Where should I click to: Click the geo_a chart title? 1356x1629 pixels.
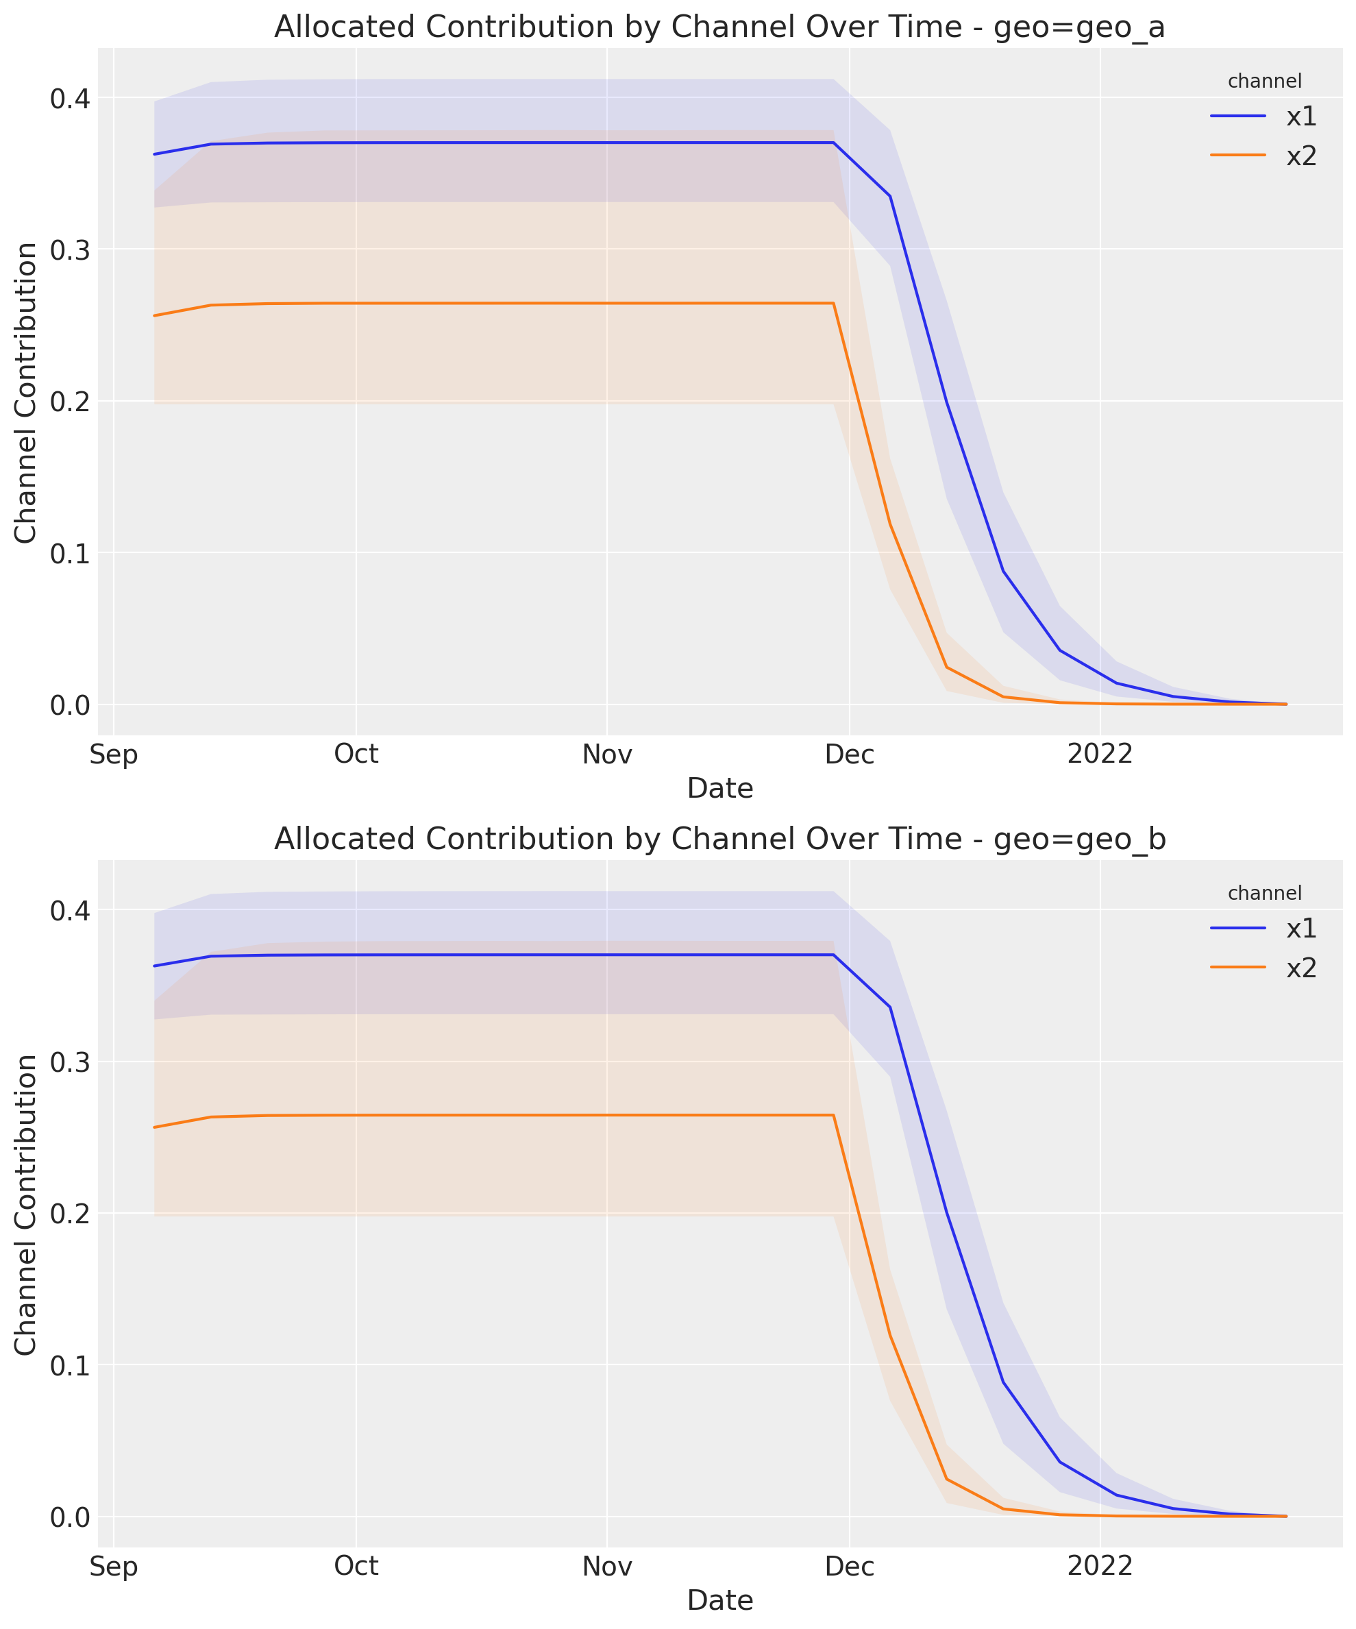coord(719,27)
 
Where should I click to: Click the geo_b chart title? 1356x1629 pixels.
coord(719,839)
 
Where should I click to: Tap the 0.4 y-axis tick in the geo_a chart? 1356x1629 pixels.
coord(70,99)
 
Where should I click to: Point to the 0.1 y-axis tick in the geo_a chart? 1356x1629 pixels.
coord(70,553)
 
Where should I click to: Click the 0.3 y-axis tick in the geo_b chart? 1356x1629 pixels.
coord(70,1062)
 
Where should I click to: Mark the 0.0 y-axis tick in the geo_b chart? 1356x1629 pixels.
coord(70,1517)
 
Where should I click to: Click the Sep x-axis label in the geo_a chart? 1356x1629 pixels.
coord(113,755)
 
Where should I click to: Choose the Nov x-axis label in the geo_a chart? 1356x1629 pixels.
coord(606,755)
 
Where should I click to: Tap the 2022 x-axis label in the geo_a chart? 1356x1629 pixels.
coord(1100,755)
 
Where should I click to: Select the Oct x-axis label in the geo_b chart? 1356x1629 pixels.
coord(356,1566)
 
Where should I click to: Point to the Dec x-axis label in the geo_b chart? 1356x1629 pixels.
coord(850,1566)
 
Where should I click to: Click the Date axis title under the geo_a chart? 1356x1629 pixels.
coord(720,789)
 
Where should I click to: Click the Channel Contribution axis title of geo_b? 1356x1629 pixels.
coord(26,1205)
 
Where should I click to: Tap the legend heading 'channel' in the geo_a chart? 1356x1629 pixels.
coord(1264,81)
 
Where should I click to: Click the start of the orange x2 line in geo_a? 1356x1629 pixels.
coord(154,316)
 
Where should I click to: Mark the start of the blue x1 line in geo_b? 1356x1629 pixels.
coord(154,966)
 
